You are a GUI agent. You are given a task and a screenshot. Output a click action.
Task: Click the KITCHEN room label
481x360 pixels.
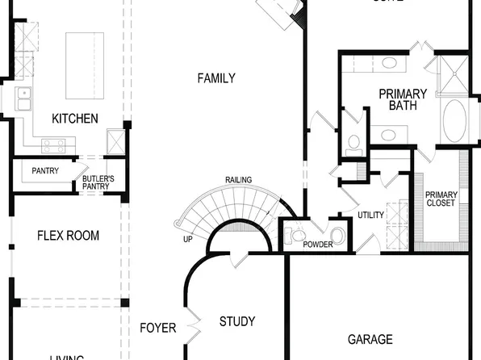75,119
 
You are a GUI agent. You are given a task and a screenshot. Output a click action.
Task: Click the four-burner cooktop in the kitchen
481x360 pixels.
54,145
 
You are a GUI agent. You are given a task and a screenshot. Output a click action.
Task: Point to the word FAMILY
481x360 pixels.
216,78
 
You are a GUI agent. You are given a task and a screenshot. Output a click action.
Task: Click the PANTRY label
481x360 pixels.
45,171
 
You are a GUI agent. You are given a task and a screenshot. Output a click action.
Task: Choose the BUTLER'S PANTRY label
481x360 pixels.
98,182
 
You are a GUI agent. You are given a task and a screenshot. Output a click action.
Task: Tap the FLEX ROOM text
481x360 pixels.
68,236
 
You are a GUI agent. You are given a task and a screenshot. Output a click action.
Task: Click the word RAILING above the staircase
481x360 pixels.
238,179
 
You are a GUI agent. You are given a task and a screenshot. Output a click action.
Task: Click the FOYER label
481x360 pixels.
157,328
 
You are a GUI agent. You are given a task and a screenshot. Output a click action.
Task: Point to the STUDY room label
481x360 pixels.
237,321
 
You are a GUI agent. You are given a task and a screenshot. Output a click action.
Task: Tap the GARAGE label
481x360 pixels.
370,339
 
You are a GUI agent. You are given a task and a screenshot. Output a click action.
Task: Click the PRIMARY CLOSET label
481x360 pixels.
441,199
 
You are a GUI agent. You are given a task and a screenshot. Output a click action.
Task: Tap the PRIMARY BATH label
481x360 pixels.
403,100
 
